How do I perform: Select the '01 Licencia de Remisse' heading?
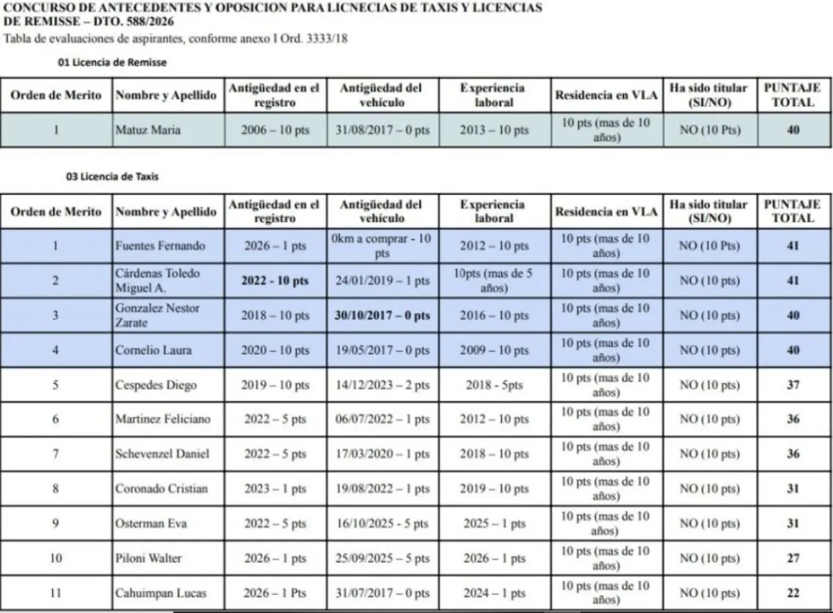tap(112, 62)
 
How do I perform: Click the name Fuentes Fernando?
tap(160, 246)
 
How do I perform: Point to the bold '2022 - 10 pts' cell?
tap(275, 280)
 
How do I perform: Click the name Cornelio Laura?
tap(153, 350)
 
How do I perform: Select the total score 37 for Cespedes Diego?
tap(793, 385)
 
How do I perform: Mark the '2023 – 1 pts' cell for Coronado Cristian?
tap(275, 489)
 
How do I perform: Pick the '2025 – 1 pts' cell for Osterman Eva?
tap(494, 524)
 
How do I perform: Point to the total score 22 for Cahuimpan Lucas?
tap(793, 594)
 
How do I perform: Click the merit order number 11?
tap(56, 594)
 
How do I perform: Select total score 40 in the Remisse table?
tap(793, 130)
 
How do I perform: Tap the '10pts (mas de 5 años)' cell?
tap(494, 280)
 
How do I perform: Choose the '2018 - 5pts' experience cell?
tap(494, 385)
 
